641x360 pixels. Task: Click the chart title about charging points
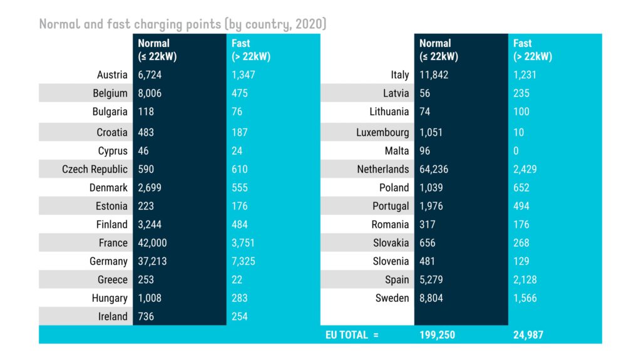pyautogui.click(x=182, y=24)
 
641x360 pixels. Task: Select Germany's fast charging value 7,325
pyautogui.click(x=244, y=261)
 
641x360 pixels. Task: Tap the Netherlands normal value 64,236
pyautogui.click(x=434, y=169)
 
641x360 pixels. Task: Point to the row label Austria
pyautogui.click(x=112, y=75)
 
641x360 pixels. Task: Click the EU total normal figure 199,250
pyautogui.click(x=438, y=335)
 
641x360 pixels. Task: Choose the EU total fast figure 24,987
pyautogui.click(x=528, y=335)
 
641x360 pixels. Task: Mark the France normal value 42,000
pyautogui.click(x=152, y=243)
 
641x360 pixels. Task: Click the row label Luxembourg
pyautogui.click(x=382, y=133)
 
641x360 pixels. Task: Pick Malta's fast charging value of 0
pyautogui.click(x=516, y=151)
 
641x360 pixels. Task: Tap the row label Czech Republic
pyautogui.click(x=95, y=169)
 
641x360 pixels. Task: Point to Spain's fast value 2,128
pyautogui.click(x=525, y=280)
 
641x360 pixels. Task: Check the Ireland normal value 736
pyautogui.click(x=146, y=317)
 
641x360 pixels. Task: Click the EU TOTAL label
pyautogui.click(x=352, y=335)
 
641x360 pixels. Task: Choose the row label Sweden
pyautogui.click(x=392, y=298)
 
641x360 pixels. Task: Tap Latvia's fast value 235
pyautogui.click(x=521, y=93)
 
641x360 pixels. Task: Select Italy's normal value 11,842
pyautogui.click(x=434, y=75)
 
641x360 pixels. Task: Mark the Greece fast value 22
pyautogui.click(x=237, y=280)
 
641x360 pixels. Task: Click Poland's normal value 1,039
pyautogui.click(x=431, y=188)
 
